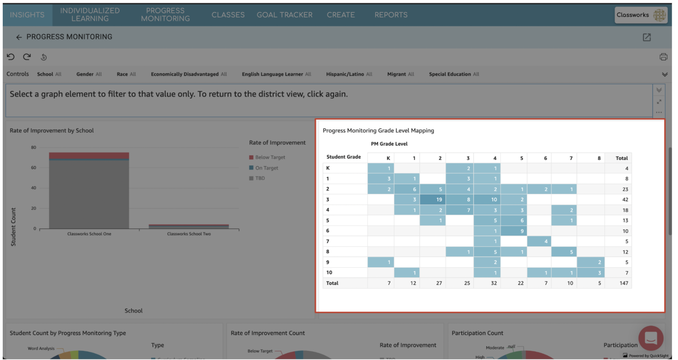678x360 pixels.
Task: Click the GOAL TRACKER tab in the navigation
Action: (284, 15)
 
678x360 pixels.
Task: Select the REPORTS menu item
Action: (391, 15)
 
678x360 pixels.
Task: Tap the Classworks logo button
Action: (641, 15)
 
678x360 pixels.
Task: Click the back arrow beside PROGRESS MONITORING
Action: (19, 37)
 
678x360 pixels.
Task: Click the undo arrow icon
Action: (11, 57)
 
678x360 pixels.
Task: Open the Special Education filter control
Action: (454, 74)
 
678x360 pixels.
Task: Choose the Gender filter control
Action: (89, 74)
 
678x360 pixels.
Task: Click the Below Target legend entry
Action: (270, 158)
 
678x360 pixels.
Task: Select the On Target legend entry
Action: (266, 168)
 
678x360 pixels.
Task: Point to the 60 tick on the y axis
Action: (34, 168)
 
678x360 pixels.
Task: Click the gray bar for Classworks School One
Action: (89, 193)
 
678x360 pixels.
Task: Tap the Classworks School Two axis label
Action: (189, 234)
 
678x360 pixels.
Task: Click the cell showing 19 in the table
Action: (433, 200)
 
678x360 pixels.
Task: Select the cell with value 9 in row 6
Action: (514, 231)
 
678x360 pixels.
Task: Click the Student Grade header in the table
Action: (344, 157)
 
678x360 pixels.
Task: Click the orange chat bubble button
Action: (651, 338)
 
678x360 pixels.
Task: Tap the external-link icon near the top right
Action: (647, 37)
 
